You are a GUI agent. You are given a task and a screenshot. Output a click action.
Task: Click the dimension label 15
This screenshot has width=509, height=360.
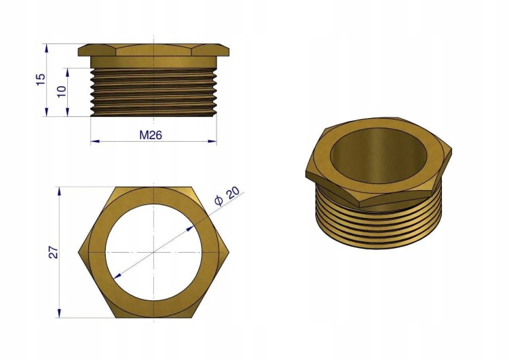(x=41, y=79)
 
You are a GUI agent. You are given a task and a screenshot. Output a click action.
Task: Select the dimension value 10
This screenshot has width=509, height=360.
(x=61, y=91)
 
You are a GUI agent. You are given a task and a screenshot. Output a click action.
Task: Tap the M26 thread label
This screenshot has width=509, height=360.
(x=151, y=135)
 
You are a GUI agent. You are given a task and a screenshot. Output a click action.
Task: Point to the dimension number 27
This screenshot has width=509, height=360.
(x=53, y=253)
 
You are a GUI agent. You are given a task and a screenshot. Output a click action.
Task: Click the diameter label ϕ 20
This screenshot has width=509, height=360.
(x=227, y=196)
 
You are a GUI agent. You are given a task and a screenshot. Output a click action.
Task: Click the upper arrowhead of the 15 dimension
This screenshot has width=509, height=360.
(x=47, y=48)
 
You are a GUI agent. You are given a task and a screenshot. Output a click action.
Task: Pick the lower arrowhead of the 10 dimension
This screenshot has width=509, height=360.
(x=67, y=112)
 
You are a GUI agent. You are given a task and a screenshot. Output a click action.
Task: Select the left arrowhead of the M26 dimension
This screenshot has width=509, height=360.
(x=95, y=141)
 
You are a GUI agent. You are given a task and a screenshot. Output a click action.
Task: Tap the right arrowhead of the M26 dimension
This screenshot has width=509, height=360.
(x=212, y=141)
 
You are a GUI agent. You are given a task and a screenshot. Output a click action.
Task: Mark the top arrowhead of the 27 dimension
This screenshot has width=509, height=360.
(x=59, y=192)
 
